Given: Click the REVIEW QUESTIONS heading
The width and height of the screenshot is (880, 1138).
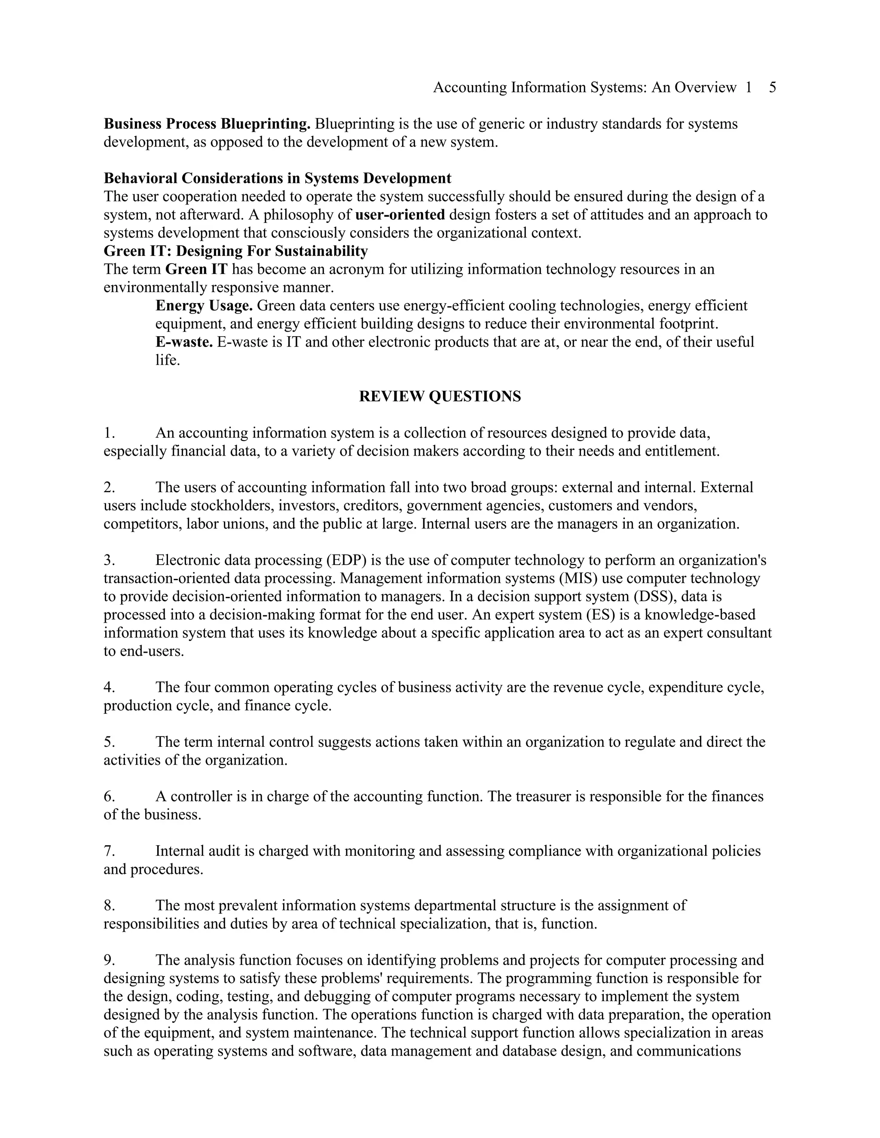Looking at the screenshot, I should [x=440, y=396].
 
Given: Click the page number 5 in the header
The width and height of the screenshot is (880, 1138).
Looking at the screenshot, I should [x=772, y=88].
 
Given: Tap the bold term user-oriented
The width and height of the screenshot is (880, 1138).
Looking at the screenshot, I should [x=400, y=215].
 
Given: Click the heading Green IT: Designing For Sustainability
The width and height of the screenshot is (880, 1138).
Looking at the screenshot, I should [x=235, y=251].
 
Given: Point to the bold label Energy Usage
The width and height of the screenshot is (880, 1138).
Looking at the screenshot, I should [x=204, y=306].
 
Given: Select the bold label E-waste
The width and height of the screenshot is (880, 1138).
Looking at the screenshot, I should [x=183, y=342].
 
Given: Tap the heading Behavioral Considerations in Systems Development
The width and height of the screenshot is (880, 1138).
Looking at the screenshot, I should [x=277, y=178].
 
